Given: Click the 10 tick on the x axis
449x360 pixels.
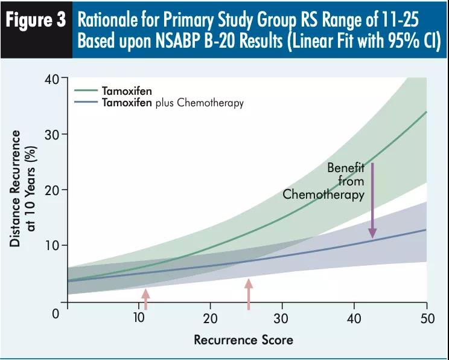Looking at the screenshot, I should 139,319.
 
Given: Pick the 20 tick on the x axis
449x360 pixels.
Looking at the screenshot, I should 211,319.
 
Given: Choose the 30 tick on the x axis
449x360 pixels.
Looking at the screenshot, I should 282,319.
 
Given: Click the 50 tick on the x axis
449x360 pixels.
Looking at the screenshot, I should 426,319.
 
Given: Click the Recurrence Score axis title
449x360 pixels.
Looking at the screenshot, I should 243,339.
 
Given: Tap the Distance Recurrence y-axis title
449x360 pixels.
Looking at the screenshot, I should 23,188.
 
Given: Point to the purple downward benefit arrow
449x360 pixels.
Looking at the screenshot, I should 372,199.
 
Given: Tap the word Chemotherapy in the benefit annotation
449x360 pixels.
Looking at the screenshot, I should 323,194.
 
